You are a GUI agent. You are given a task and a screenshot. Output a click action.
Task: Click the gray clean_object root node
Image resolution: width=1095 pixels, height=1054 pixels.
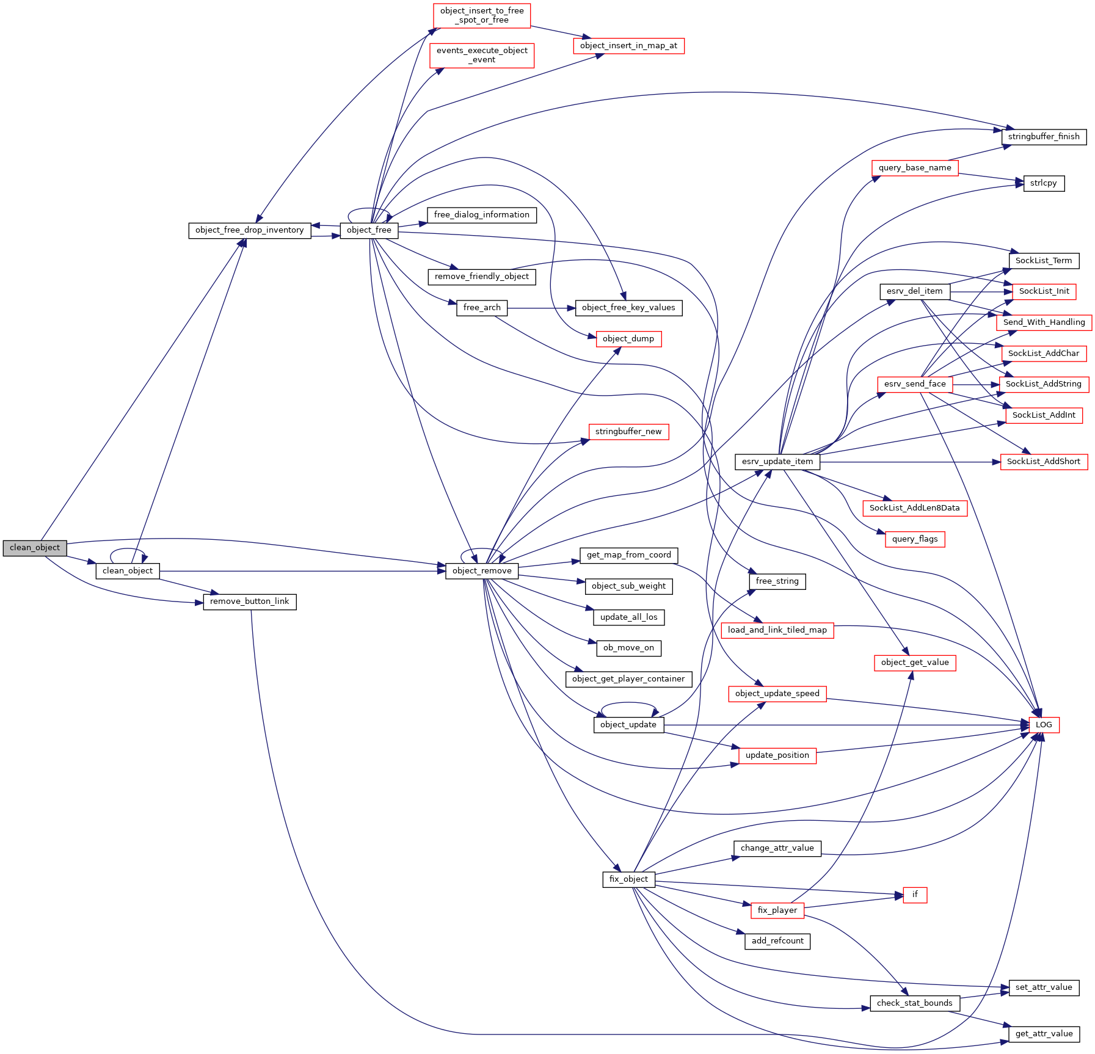tap(35, 548)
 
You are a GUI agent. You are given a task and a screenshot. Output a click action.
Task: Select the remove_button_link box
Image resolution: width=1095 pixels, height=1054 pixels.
tap(250, 602)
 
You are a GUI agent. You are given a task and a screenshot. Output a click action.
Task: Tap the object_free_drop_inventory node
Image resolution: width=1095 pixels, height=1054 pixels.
tap(250, 230)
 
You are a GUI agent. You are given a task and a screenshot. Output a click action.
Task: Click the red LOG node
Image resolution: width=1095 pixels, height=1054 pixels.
tap(1044, 725)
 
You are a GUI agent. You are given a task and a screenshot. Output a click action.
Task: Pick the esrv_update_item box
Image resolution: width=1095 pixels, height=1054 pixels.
tap(777, 462)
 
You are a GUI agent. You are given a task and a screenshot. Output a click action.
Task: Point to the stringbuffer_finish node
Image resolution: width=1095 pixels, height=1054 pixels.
tap(1044, 137)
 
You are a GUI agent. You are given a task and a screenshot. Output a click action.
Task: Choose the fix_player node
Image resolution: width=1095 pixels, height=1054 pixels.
tap(777, 910)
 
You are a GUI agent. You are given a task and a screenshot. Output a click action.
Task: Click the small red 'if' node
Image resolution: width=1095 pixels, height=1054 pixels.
tap(915, 895)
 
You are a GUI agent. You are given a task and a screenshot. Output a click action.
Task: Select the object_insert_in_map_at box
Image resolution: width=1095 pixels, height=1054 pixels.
tap(628, 46)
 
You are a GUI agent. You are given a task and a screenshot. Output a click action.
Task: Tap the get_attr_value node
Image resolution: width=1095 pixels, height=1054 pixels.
tap(1044, 1034)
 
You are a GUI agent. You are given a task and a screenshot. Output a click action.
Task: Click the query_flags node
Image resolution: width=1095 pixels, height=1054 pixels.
tap(915, 539)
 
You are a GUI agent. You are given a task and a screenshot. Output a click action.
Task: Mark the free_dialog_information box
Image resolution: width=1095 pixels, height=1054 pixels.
tap(482, 215)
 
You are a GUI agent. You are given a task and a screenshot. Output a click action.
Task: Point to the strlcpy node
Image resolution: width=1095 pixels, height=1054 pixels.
tap(1044, 183)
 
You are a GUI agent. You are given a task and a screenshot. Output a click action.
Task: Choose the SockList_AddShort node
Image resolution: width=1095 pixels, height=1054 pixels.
tap(1044, 462)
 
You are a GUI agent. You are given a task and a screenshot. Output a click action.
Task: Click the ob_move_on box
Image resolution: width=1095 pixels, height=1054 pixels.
tap(628, 648)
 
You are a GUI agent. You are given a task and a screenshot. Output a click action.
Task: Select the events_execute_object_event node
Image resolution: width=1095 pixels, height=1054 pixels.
tap(482, 55)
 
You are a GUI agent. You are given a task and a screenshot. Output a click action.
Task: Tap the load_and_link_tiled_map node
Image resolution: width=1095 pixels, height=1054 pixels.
tap(777, 630)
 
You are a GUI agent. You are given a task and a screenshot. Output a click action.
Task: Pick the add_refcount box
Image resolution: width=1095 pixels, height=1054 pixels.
tap(777, 941)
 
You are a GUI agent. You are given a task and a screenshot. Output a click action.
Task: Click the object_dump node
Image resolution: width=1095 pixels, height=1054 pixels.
tap(628, 339)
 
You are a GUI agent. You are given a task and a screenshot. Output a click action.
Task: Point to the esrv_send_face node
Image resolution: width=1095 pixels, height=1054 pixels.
tap(915, 384)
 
